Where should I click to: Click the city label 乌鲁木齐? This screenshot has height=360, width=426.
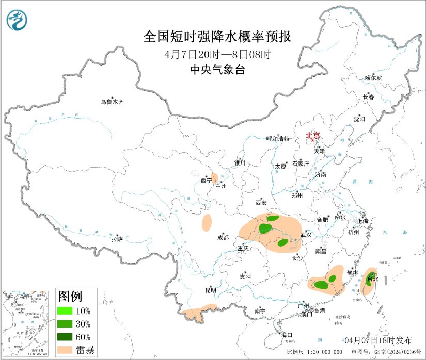112,102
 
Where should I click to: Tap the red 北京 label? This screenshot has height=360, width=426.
313,136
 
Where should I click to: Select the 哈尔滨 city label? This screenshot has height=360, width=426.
373,78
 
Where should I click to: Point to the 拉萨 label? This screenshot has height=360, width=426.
117,239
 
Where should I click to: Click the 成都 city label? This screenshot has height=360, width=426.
223,238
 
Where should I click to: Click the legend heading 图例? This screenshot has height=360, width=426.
70,297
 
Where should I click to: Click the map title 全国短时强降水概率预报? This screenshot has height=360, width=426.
217,37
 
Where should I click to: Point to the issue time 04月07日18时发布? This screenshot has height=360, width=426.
378,340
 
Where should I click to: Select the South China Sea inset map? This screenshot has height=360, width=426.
26,324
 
